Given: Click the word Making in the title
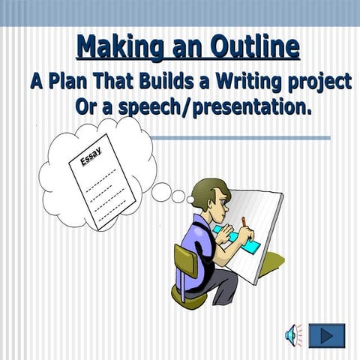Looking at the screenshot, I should click(x=112, y=47).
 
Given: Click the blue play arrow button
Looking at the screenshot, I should click(x=326, y=335).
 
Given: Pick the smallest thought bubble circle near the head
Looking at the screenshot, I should click(x=190, y=199).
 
